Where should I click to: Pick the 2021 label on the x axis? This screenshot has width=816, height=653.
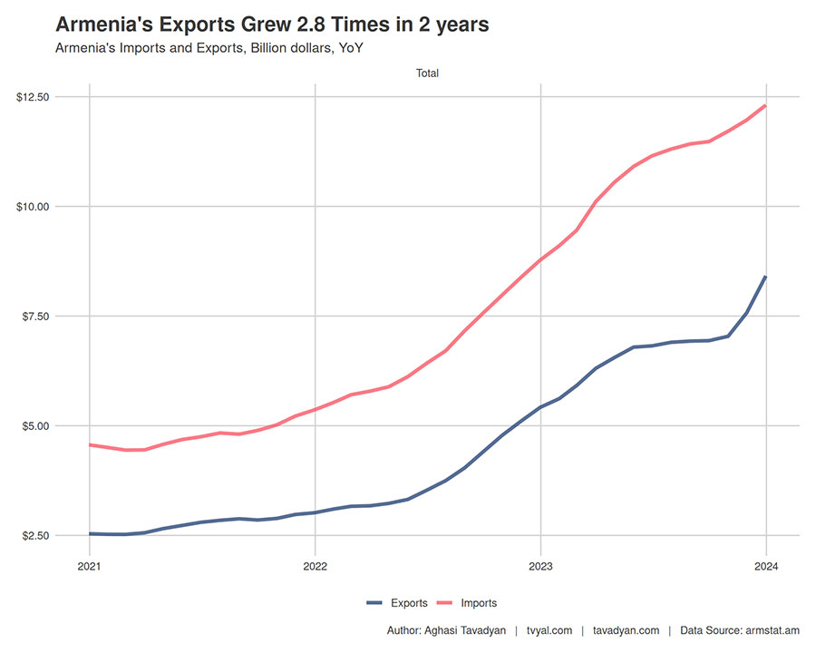90,567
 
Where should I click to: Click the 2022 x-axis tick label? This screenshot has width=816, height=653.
315,567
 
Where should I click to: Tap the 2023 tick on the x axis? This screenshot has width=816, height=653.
540,567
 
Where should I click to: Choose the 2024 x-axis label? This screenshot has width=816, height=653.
765,567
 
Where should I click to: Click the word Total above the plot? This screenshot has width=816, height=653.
427,73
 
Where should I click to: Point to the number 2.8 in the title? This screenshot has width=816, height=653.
298,24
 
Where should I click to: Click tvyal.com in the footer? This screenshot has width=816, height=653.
549,630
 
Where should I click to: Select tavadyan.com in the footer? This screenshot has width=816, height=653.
625,630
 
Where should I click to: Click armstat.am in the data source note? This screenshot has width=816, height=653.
772,630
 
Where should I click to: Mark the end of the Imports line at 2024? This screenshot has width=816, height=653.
765,106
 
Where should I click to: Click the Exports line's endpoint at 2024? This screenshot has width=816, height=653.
765,277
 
